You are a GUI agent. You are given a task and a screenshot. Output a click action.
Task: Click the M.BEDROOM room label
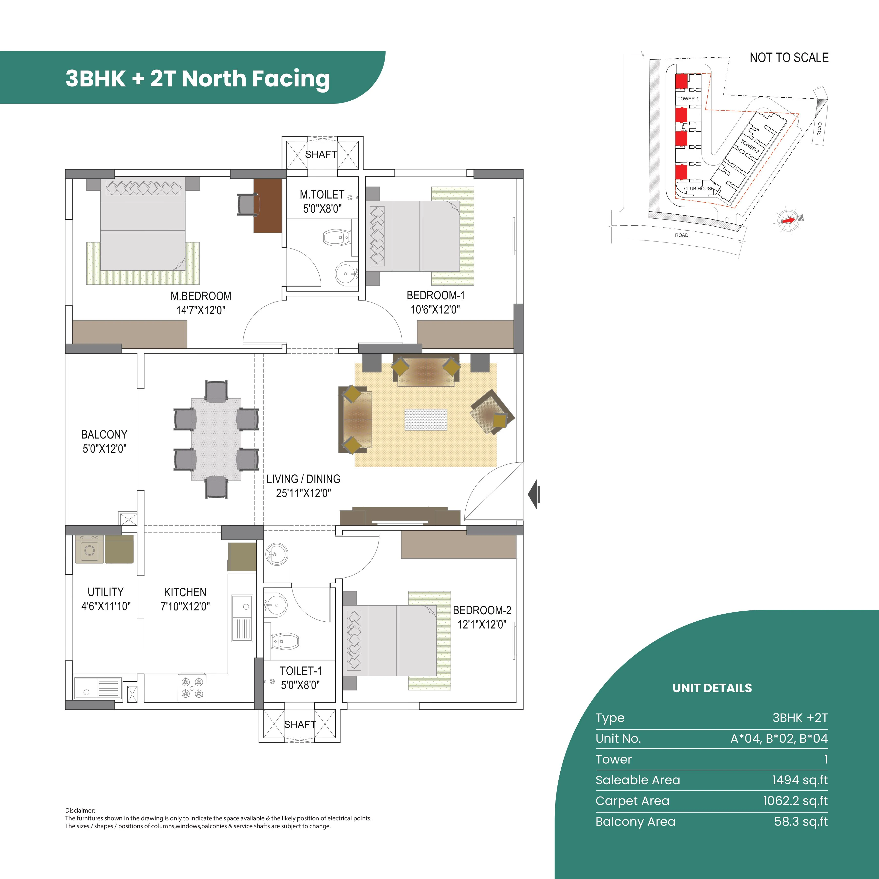coord(201,296)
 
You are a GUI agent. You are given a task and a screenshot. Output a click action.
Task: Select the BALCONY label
coord(104,435)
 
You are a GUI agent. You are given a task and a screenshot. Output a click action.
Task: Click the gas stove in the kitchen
coord(191,687)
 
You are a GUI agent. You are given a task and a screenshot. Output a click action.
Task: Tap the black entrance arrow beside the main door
coord(534,494)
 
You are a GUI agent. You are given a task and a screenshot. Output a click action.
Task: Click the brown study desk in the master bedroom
coord(268,206)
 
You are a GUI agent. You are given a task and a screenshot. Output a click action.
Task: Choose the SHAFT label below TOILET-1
coord(300,724)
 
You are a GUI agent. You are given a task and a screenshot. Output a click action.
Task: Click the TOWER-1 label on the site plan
coord(688,99)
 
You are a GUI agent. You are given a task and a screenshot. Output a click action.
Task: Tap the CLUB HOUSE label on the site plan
coord(699,188)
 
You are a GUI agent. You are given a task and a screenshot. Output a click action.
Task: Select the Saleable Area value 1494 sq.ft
coord(799,780)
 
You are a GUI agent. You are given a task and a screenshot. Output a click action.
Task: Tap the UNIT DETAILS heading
coord(712,688)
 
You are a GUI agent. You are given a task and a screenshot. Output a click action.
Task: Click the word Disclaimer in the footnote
coord(80,810)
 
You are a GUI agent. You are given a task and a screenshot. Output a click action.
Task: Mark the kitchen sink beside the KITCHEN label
coord(241,617)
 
